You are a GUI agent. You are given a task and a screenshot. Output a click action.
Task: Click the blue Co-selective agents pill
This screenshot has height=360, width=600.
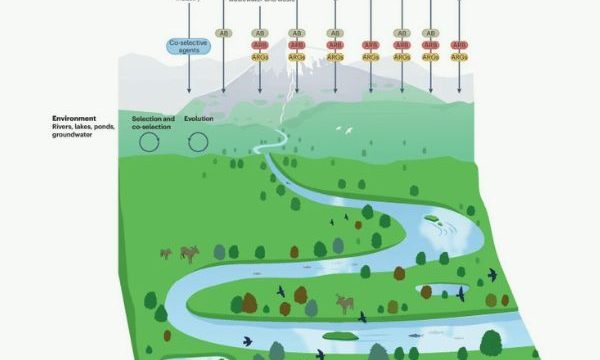tap(187, 45)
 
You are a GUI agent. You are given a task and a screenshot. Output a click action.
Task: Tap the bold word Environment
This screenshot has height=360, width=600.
tap(75, 119)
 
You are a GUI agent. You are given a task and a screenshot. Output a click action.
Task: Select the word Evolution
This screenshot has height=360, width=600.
tap(198, 119)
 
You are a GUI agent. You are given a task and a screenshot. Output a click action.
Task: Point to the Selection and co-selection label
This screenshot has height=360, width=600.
tap(150, 123)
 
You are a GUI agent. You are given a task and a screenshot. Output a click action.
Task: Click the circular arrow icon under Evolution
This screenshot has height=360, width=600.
tap(198, 143)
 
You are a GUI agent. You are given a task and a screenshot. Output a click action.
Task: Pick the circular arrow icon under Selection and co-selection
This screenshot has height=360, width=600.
tap(150, 143)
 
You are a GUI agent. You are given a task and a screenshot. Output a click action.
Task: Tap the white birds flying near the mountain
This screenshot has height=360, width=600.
tap(347, 129)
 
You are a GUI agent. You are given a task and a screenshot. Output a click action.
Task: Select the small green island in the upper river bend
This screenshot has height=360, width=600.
tap(433, 217)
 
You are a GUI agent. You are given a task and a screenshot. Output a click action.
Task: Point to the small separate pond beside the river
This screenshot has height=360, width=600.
tap(436, 290)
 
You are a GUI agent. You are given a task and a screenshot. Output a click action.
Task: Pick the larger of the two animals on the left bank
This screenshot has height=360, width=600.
tap(188, 253)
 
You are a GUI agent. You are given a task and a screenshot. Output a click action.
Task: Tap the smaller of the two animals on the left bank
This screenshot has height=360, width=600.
tap(165, 254)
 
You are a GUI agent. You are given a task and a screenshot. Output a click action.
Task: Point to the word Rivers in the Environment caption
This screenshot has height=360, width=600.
tap(64, 128)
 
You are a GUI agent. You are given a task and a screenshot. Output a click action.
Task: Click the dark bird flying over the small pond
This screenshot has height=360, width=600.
tap(461, 294)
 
